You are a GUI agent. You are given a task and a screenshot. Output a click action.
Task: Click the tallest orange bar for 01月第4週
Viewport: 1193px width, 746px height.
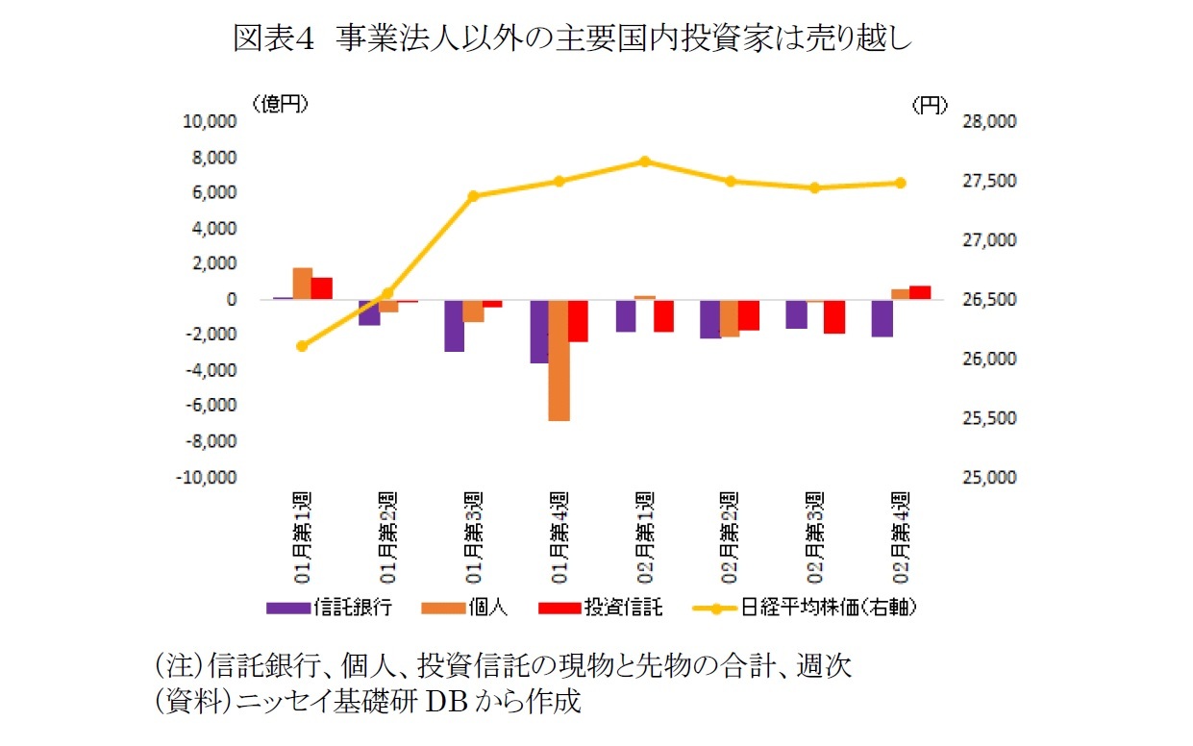559,360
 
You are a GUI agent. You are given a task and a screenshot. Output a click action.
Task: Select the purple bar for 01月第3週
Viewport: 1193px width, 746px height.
454,325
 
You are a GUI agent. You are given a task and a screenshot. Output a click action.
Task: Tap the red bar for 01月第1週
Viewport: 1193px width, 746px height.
321,288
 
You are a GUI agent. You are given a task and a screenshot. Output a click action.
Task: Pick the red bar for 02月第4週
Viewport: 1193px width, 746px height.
920,292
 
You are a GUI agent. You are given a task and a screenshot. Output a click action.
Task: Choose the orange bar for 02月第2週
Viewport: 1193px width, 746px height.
730,318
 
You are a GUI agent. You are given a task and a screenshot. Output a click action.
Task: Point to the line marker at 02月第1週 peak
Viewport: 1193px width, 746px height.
645,162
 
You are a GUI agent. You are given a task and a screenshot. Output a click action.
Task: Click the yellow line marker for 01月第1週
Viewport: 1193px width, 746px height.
302,346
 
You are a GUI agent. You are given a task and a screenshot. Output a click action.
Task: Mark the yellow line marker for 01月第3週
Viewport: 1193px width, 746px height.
473,196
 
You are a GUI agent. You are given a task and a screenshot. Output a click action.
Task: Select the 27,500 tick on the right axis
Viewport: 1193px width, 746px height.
989,182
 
